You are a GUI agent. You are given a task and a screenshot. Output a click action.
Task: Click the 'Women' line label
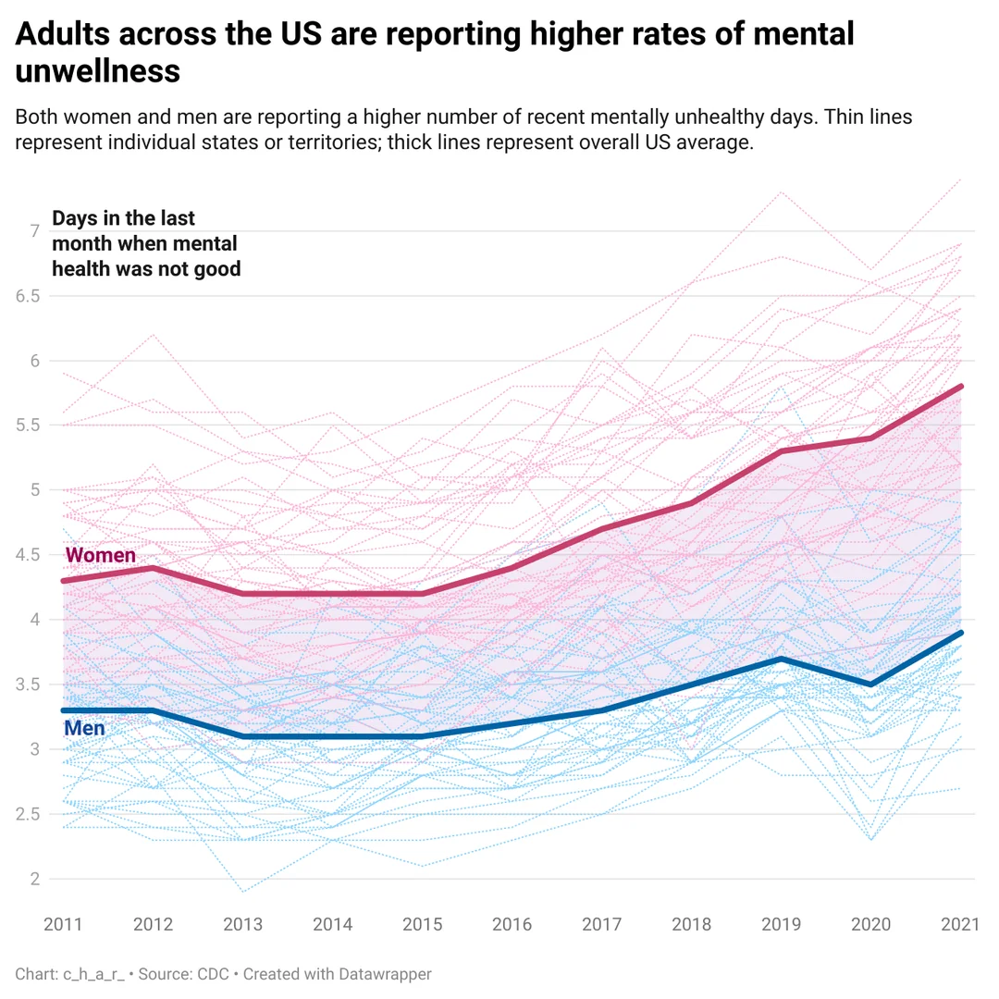click(101, 556)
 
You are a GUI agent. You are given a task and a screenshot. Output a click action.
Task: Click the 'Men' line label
click(84, 729)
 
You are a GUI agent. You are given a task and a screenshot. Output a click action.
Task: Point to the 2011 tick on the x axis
click(63, 924)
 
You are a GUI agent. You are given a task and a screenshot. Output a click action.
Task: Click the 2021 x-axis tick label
click(960, 924)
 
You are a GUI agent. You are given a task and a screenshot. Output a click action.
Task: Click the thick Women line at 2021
click(962, 386)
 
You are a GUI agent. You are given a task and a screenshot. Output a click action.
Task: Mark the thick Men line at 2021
click(962, 633)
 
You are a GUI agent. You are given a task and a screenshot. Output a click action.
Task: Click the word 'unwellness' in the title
click(97, 71)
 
